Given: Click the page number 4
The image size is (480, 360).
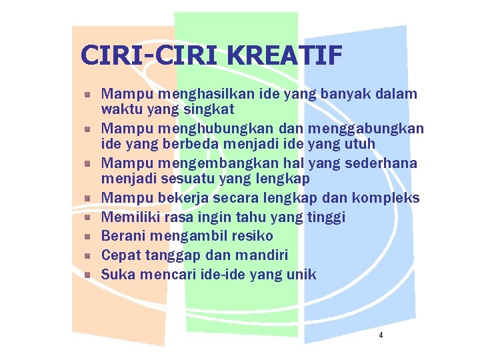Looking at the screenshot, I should coord(381,335).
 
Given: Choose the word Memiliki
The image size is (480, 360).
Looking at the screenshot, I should coord(129,217).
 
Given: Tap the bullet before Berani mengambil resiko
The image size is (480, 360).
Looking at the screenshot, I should coord(87,236).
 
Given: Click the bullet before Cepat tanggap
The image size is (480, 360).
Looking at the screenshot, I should coord(87,255).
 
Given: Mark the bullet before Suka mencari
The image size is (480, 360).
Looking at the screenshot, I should coord(87,274).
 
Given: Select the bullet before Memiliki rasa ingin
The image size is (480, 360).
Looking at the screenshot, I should coord(87,217).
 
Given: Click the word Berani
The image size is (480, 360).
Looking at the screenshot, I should coord(123,236).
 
